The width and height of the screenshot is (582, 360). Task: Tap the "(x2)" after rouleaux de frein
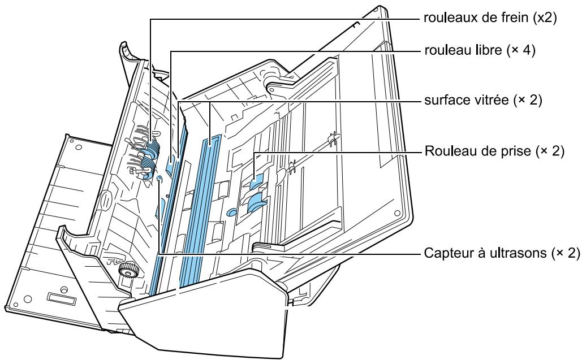click(545, 18)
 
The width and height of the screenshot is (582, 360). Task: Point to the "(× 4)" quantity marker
click(521, 50)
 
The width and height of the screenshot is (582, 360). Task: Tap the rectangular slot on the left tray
click(62, 297)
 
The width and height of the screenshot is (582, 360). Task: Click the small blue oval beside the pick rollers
click(231, 212)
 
